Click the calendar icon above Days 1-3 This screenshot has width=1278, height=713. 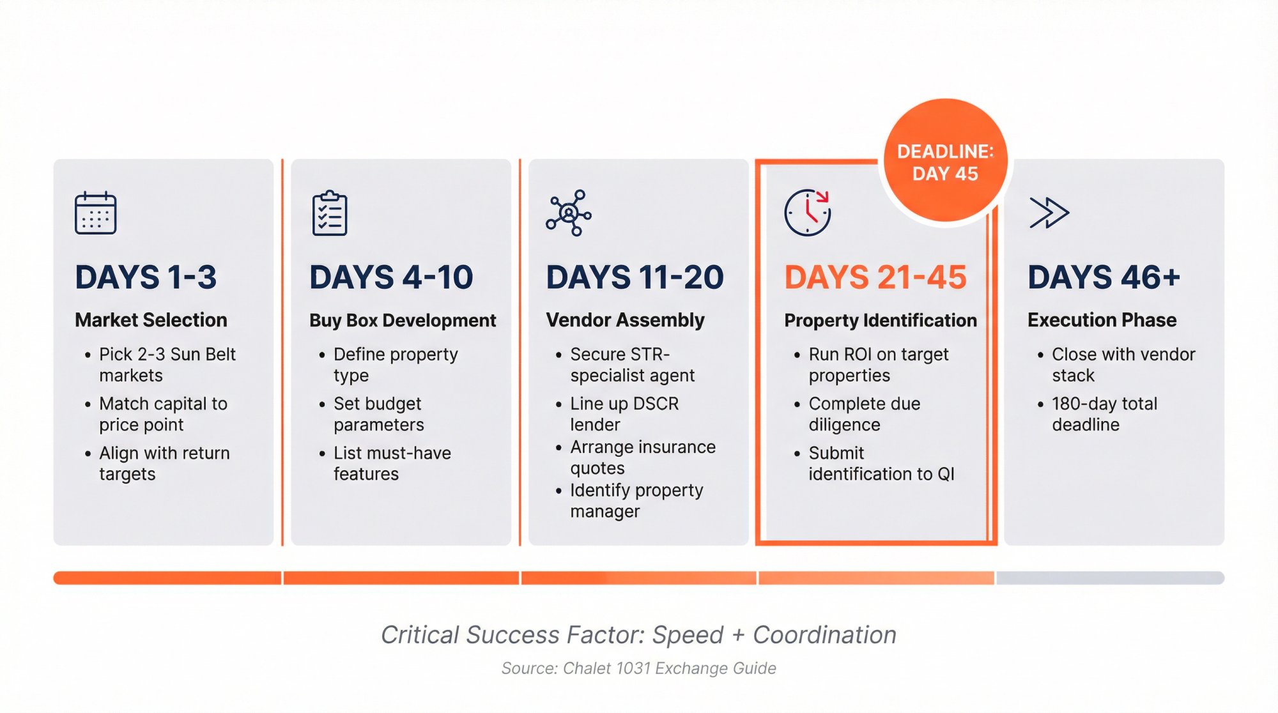[95, 213]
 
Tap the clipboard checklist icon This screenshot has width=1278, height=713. [330, 213]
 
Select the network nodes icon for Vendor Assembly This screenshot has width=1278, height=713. [568, 213]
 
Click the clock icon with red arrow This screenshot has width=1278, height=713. [807, 213]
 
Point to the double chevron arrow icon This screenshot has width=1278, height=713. [1049, 213]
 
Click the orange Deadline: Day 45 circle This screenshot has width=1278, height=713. [945, 162]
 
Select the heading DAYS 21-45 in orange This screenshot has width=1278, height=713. [875, 277]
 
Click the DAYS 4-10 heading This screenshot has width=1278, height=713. [391, 277]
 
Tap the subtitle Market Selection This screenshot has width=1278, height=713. [151, 319]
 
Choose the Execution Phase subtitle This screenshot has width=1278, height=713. [1102, 319]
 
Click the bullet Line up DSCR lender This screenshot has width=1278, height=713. [624, 414]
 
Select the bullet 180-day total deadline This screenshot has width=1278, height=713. [1104, 414]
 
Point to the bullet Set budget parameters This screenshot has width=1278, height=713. [378, 414]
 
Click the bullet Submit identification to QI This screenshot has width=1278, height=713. [880, 463]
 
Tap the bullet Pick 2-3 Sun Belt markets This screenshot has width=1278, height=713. [167, 364]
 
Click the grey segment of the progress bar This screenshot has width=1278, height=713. [1109, 578]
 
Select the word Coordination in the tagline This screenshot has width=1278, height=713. [824, 635]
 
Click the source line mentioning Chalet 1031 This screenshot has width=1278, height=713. [638, 668]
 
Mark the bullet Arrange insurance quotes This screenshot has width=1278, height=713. [642, 457]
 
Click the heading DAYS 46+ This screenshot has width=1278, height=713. [1104, 277]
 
